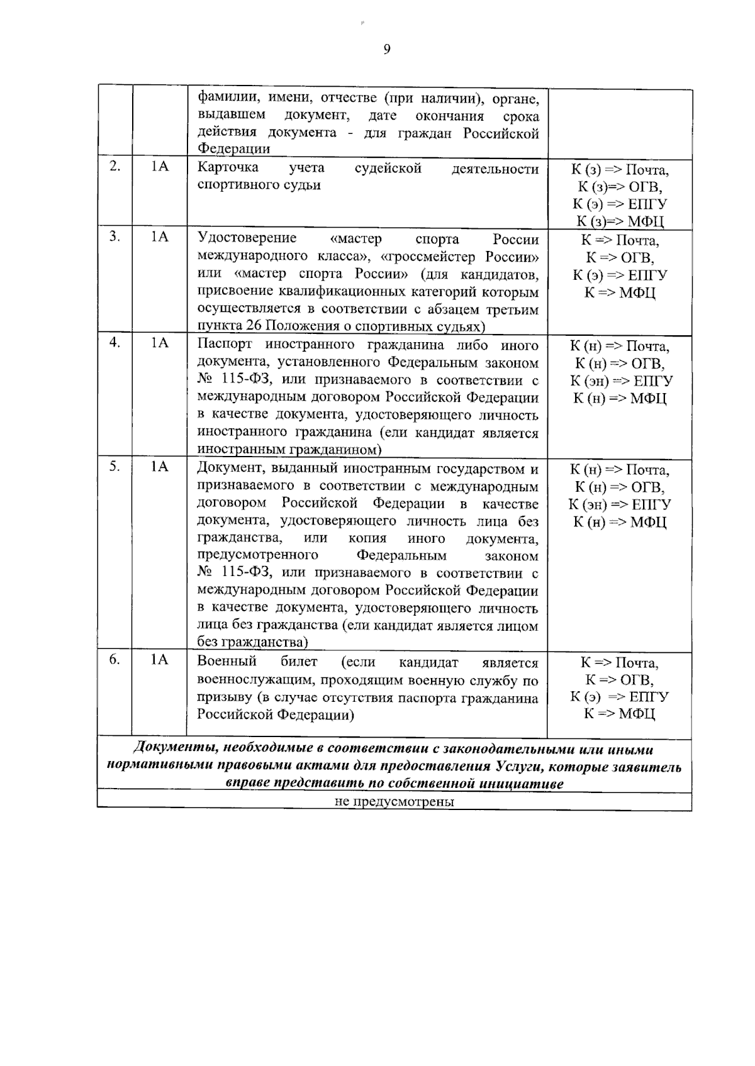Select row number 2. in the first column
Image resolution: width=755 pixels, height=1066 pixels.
(115, 167)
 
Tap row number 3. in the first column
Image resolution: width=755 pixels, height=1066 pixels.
(115, 236)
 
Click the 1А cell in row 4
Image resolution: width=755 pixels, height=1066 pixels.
(160, 343)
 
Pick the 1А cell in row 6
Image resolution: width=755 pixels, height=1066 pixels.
(160, 659)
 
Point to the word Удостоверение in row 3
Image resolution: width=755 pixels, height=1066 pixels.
(247, 238)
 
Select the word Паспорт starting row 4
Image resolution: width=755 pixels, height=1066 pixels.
(225, 345)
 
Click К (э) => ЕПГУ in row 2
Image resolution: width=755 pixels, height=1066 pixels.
(619, 204)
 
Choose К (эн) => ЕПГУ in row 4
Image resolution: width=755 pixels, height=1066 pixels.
(621, 381)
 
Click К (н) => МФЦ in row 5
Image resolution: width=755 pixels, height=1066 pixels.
(619, 522)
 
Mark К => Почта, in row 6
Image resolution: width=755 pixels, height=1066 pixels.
(619, 663)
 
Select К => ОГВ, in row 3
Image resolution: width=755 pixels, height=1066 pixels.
(619, 258)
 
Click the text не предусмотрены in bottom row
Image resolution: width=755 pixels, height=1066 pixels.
(394, 802)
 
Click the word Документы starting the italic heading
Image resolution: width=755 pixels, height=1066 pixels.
(168, 750)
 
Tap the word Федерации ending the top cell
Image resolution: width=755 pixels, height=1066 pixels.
(233, 150)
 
